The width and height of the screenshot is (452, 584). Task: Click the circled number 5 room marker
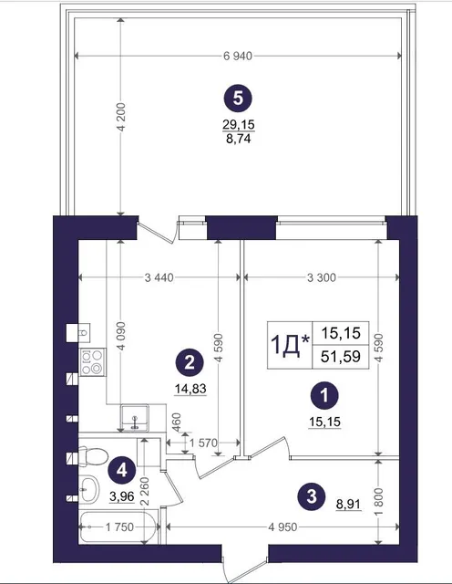tap(238, 99)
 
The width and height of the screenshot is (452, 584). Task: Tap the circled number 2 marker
tap(190, 362)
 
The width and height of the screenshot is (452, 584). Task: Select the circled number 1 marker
tap(324, 395)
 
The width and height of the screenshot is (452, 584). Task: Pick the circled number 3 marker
tap(312, 496)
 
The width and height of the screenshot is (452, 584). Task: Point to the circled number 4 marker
tap(121, 471)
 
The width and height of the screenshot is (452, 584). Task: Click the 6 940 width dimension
tap(238, 57)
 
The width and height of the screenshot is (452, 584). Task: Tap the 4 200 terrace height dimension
tap(121, 117)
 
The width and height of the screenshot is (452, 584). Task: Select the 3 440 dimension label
tap(159, 277)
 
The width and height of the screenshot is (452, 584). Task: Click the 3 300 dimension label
tap(322, 277)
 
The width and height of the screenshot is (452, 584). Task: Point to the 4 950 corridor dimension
tap(282, 527)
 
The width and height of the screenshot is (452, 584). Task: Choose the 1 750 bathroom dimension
tap(119, 527)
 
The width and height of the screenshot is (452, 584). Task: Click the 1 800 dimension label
tap(378, 502)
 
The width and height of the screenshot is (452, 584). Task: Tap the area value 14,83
tap(190, 389)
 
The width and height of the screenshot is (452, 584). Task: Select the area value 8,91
tap(349, 505)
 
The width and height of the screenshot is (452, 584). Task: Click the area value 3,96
tap(121, 495)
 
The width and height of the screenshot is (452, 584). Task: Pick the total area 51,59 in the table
tap(341, 357)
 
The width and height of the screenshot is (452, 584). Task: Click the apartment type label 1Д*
tap(290, 345)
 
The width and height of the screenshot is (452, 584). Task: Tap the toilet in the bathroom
tap(93, 456)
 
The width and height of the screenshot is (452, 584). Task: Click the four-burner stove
tap(92, 362)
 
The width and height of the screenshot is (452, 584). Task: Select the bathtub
tap(118, 527)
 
